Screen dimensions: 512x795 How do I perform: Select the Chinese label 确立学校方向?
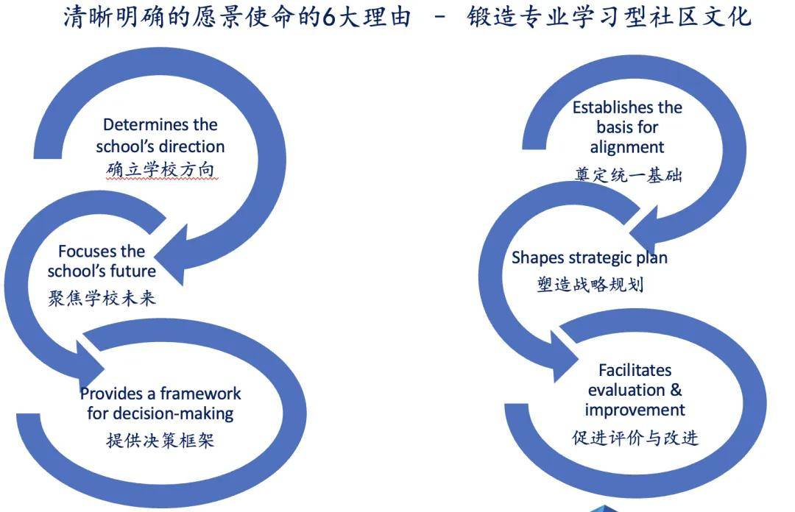point(160,170)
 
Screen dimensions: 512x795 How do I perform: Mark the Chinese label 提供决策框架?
point(160,441)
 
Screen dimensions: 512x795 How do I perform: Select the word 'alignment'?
point(627,147)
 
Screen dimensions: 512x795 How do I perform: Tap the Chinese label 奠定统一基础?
point(628,175)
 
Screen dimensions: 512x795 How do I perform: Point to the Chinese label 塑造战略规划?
point(590,285)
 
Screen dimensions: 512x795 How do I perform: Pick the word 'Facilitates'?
point(635,370)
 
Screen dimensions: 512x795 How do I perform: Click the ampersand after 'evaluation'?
point(676,390)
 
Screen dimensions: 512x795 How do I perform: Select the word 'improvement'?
point(635,410)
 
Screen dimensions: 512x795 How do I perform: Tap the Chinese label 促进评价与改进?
point(635,438)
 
